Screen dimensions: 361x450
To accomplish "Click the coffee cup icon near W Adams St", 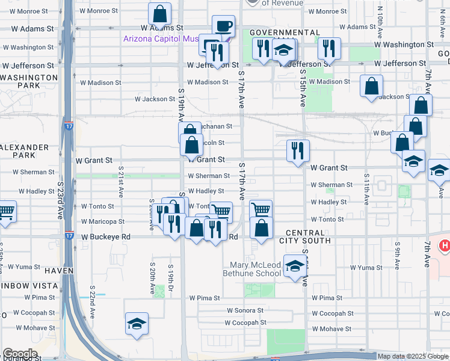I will (223, 26).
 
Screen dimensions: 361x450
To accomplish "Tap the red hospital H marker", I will (445, 245).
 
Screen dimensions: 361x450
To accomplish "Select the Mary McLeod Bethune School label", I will (256, 269).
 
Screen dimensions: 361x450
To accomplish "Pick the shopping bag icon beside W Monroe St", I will (159, 13).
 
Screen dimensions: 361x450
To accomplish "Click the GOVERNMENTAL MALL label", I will (285, 32).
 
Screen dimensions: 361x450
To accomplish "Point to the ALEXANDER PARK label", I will (25, 151).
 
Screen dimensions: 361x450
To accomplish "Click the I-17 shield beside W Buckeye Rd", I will (69, 236).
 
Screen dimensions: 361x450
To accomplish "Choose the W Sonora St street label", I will (245, 310).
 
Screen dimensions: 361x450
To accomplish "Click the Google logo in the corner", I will (20, 354).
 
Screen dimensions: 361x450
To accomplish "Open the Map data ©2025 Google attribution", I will (413, 356).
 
